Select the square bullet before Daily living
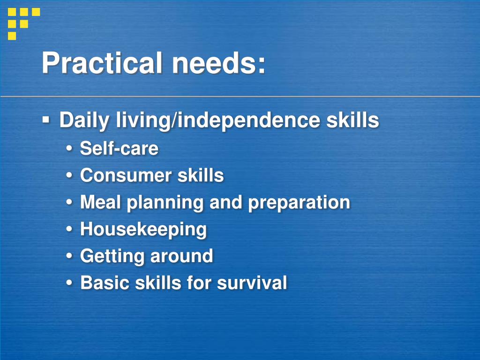pyautogui.click(x=46, y=120)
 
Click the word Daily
pyautogui.click(x=82, y=120)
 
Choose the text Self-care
pyautogui.click(x=119, y=149)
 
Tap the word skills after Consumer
pyautogui.click(x=201, y=175)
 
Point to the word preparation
pyautogui.click(x=299, y=203)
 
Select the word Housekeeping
pyautogui.click(x=143, y=230)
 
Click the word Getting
pyautogui.click(x=112, y=256)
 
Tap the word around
pyautogui.click(x=181, y=256)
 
